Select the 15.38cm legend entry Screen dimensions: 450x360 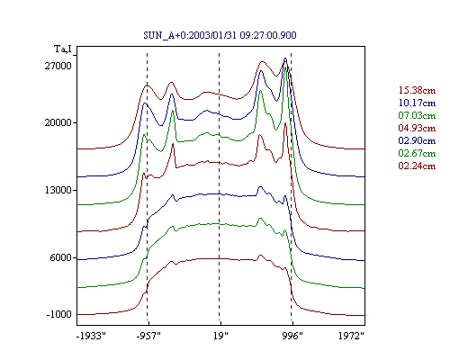(417, 90)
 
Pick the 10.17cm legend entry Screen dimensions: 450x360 (417, 103)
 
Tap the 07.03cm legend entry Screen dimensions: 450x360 (417, 115)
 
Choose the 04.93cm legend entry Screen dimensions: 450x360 (417, 128)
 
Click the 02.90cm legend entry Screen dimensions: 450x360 (417, 140)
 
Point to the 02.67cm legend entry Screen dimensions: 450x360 (417, 153)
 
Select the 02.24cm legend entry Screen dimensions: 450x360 (417, 166)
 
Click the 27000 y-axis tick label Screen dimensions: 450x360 (58, 66)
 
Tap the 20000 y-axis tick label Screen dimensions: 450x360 (58, 122)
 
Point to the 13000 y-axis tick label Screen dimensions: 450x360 (58, 190)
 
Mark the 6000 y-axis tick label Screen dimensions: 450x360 (61, 257)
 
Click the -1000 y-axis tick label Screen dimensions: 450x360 (59, 314)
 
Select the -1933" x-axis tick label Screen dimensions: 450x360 (92, 336)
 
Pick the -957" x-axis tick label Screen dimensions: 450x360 (148, 336)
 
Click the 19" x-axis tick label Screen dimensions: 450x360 (220, 336)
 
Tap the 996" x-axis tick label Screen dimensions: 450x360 (292, 336)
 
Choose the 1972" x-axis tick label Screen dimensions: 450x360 (351, 336)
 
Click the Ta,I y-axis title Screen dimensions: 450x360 (63, 49)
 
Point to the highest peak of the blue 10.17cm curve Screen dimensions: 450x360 (285, 58)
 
